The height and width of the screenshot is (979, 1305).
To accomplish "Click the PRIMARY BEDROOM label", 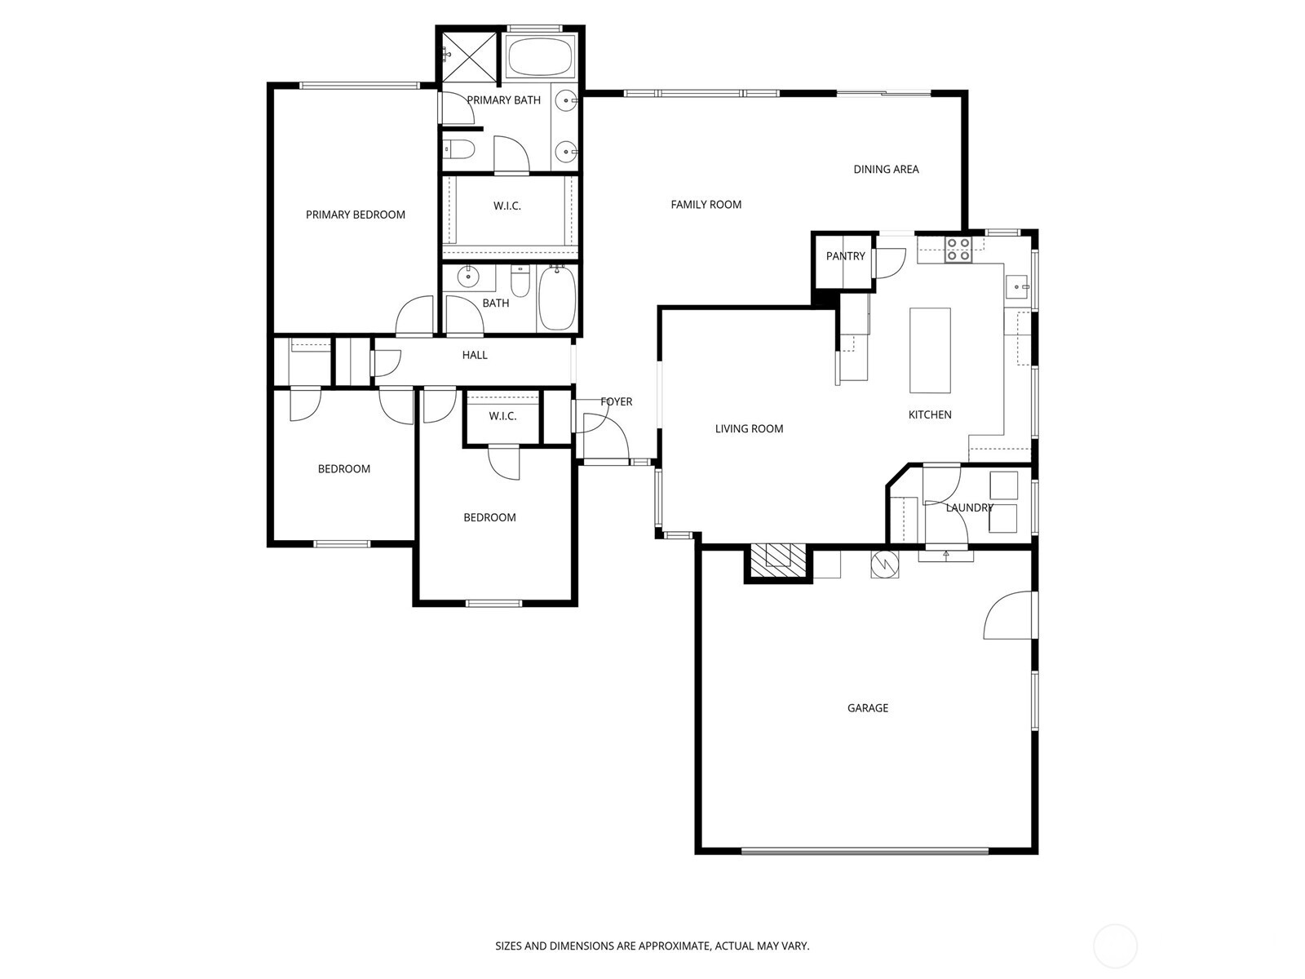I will (355, 215).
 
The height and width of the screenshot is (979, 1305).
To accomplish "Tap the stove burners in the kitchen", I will (958, 249).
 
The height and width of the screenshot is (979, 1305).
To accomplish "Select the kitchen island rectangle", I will (930, 350).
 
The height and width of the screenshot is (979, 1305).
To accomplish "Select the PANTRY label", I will (845, 256).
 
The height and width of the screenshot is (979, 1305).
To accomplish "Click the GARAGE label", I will (867, 708).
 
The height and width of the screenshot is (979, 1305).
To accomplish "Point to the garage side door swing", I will (1010, 617).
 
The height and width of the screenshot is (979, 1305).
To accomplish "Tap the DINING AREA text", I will (886, 170).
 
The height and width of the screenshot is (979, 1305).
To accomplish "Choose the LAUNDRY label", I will (969, 507).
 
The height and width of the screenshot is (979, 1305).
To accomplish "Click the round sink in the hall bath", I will (469, 277).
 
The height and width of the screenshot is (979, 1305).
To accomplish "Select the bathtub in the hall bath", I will (557, 299).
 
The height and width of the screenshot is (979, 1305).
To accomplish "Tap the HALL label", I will (475, 355).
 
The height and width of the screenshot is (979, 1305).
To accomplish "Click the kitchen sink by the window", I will (1016, 286).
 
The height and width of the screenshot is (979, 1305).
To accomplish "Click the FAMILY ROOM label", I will (706, 205).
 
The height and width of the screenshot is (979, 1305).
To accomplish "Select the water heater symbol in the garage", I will (884, 564).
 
